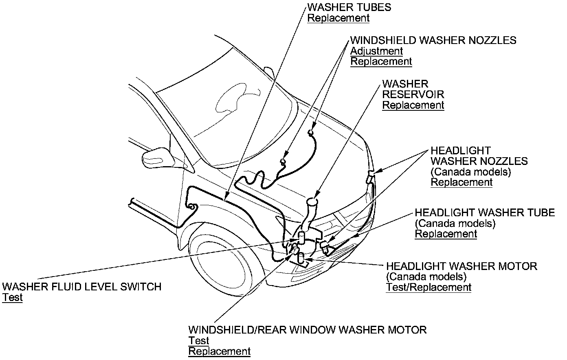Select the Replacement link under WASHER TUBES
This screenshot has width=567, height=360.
pos(338,18)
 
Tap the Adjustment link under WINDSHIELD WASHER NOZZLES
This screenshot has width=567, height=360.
pos(376,51)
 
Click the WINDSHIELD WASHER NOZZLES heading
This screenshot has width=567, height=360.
pos(433,40)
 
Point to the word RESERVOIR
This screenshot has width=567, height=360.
pos(413,94)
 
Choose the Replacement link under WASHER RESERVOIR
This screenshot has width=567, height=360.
pos(413,105)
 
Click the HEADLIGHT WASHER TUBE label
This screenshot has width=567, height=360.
pos(485,213)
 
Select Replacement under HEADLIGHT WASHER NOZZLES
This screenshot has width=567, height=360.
pos(462,182)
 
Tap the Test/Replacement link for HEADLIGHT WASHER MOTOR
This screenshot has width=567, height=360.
pos(429,287)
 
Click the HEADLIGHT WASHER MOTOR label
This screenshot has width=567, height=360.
pos(462,266)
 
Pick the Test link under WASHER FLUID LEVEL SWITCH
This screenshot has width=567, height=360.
pos(12,298)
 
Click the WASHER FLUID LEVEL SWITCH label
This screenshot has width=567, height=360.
pos(82,287)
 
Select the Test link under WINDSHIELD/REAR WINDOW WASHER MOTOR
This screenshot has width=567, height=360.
pos(198,340)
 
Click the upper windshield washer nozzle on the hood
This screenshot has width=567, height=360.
pos(311,132)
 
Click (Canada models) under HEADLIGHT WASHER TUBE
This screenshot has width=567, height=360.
pos(455,223)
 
